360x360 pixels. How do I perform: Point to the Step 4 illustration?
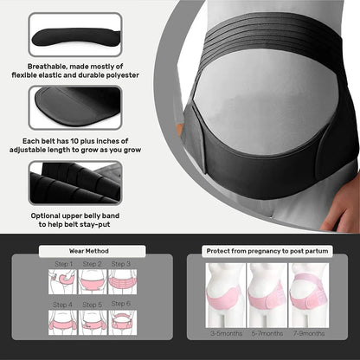(62, 322)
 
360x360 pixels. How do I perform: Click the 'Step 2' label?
(93, 264)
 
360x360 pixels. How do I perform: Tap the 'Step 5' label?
(93, 305)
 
